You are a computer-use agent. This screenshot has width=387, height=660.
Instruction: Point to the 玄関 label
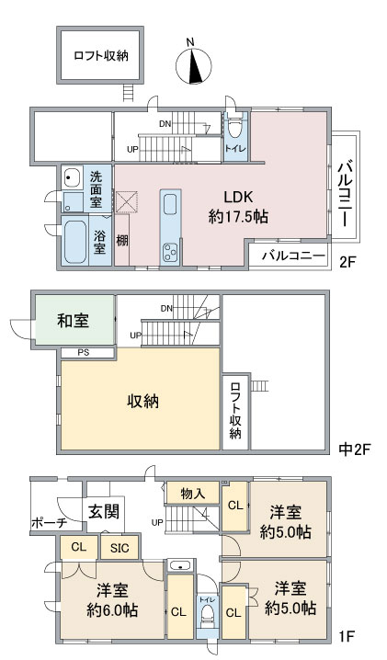(x=103, y=512)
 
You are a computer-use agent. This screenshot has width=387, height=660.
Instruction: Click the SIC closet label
(x=120, y=549)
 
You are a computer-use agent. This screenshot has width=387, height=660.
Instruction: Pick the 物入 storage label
(x=193, y=494)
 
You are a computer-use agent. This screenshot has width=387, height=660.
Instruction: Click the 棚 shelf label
(x=121, y=241)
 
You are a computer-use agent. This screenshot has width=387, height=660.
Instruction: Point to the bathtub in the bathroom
(x=74, y=244)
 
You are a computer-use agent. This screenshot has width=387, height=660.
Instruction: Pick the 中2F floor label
(x=352, y=449)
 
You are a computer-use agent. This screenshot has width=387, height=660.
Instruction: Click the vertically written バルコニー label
(x=347, y=187)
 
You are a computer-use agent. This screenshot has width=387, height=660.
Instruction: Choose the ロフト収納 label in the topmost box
(x=101, y=55)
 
